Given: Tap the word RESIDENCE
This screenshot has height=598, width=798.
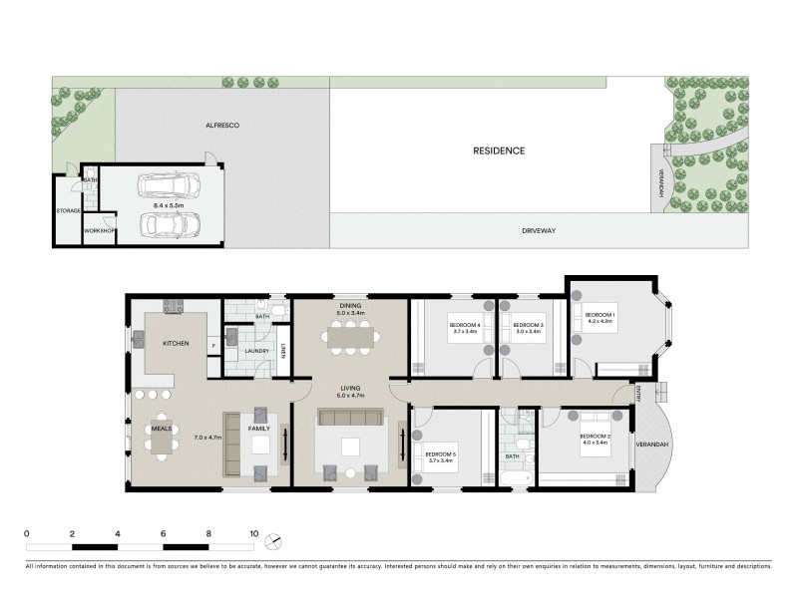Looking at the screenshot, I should pos(499,150).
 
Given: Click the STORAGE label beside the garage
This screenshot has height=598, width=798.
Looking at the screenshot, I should pos(68,210).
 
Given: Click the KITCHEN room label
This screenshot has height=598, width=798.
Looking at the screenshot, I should pos(176,342).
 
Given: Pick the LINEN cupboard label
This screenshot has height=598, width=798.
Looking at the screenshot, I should pos(283,349).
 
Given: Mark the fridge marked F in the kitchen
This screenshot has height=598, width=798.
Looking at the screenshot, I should pos(212,346).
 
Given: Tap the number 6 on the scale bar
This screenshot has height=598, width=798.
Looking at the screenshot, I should pos(163,534).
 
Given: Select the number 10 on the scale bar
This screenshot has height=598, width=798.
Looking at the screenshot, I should pos(254,534).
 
